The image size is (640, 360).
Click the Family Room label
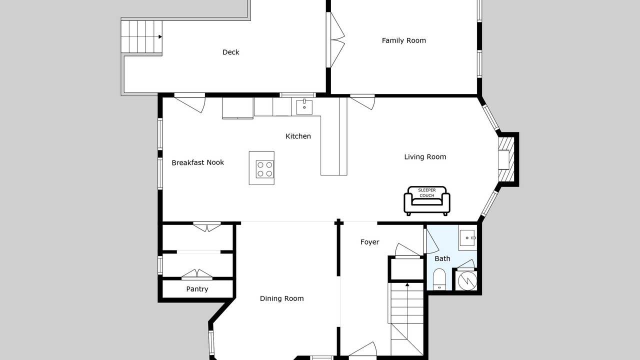coord(403,40)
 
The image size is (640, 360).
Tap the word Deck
coord(231,52)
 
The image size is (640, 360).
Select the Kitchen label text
coord(298,136)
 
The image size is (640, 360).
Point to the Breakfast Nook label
coord(197,162)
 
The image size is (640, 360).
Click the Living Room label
coord(425,157)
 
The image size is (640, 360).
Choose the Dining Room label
coord(281,298)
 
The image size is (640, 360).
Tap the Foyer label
coord(369,242)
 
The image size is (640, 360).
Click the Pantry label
coord(197,289)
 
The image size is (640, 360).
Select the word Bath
coord(442,258)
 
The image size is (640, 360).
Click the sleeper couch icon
coord(427,201)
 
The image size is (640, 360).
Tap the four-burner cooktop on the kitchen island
coord(264,169)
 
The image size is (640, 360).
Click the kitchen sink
coord(304,107)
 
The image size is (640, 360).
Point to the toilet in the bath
coord(439,279)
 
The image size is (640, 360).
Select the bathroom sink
coord(467,237)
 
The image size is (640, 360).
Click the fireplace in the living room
coord(506,159)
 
